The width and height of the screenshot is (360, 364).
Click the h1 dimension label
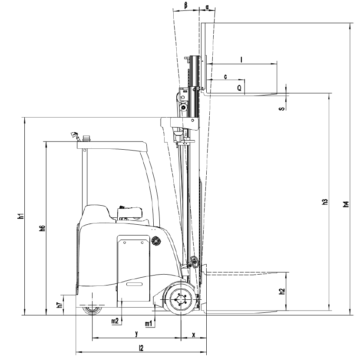[x=21, y=216]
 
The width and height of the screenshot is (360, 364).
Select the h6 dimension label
[x=42, y=228]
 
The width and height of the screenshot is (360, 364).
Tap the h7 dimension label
[x=60, y=305]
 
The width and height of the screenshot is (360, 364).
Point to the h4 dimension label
[x=346, y=204]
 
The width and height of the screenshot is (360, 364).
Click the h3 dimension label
[x=325, y=202]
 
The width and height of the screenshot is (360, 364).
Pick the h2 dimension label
[x=282, y=292]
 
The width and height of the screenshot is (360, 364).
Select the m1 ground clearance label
[x=149, y=323]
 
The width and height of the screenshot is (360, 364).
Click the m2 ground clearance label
[x=115, y=321]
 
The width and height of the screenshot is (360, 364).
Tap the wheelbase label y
[x=137, y=334]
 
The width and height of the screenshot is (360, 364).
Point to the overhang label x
[x=194, y=334]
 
